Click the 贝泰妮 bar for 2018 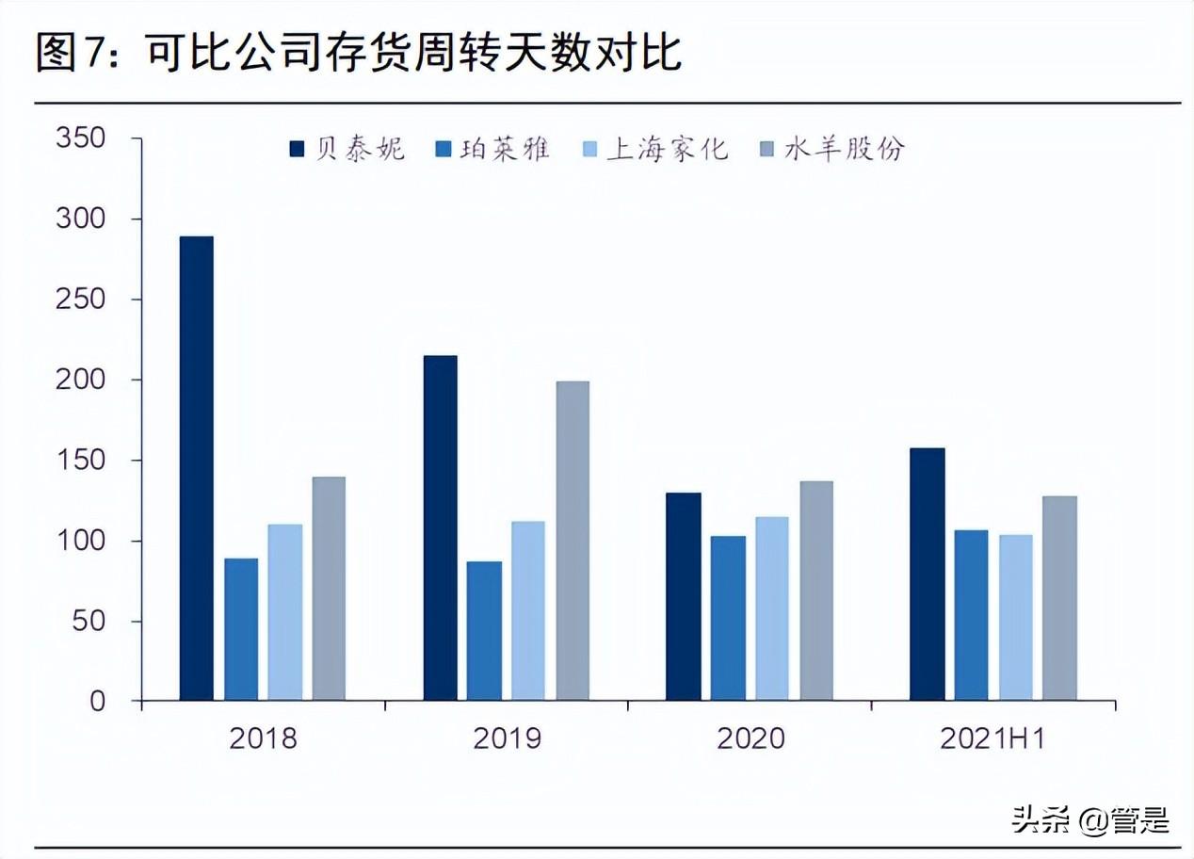click(197, 468)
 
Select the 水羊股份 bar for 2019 click(573, 541)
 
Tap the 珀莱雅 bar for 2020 click(728, 618)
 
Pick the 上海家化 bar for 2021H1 click(1016, 618)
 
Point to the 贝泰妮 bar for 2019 click(441, 527)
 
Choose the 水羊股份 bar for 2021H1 click(1059, 598)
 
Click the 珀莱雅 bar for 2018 click(241, 629)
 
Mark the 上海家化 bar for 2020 click(772, 608)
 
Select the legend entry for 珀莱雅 click(492, 149)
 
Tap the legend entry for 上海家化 click(655, 149)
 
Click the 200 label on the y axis click(81, 381)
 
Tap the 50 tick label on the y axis click(89, 622)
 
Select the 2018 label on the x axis click(263, 738)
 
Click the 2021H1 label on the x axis click(992, 738)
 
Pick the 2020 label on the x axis click(750, 738)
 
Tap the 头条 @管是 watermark click(1090, 820)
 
